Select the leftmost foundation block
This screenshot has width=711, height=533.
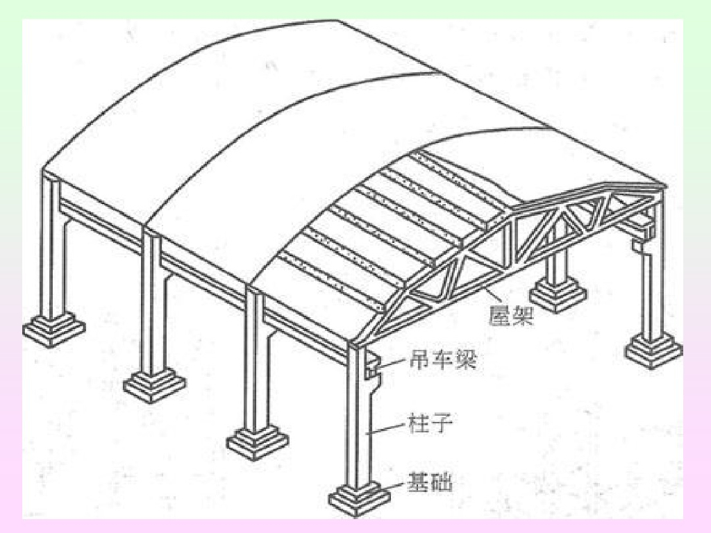click(x=53, y=328)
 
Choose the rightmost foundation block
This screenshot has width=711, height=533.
click(x=653, y=349)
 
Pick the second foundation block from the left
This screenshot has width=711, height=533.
click(x=154, y=384)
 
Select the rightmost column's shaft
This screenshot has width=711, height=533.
click(x=652, y=291)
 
